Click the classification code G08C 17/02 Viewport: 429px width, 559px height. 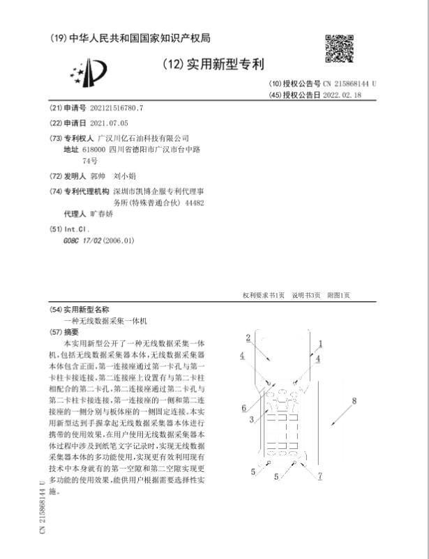click(80, 240)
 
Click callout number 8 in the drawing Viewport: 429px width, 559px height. click(354, 401)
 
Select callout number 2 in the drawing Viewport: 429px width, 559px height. click(248, 338)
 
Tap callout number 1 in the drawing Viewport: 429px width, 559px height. click(320, 343)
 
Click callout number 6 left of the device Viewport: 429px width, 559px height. click(243, 407)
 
